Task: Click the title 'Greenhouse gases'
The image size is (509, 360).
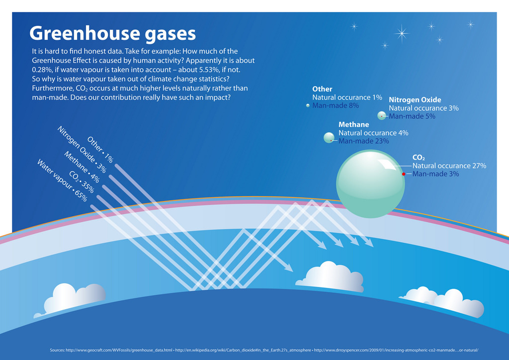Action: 113,34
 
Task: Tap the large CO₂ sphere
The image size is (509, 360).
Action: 370,184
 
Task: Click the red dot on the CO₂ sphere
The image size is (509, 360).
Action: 404,174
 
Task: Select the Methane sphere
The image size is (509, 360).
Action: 329,138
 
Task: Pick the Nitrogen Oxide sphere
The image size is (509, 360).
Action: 382,115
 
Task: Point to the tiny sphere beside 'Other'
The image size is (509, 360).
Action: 308,105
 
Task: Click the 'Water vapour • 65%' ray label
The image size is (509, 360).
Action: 62,180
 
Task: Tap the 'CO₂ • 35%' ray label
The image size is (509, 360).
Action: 82,182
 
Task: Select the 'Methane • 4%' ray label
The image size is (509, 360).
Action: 82,167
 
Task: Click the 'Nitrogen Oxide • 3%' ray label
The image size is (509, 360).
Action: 82,149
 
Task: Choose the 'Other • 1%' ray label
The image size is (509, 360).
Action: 100,149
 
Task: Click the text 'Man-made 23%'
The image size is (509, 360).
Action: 363,141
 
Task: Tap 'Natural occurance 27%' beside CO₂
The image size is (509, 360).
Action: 449,166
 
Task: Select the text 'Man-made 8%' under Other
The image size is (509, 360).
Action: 336,105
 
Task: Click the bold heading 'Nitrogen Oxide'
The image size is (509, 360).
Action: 415,99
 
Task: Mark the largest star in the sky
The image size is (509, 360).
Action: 402,33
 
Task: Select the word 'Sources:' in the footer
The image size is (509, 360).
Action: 57,350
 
